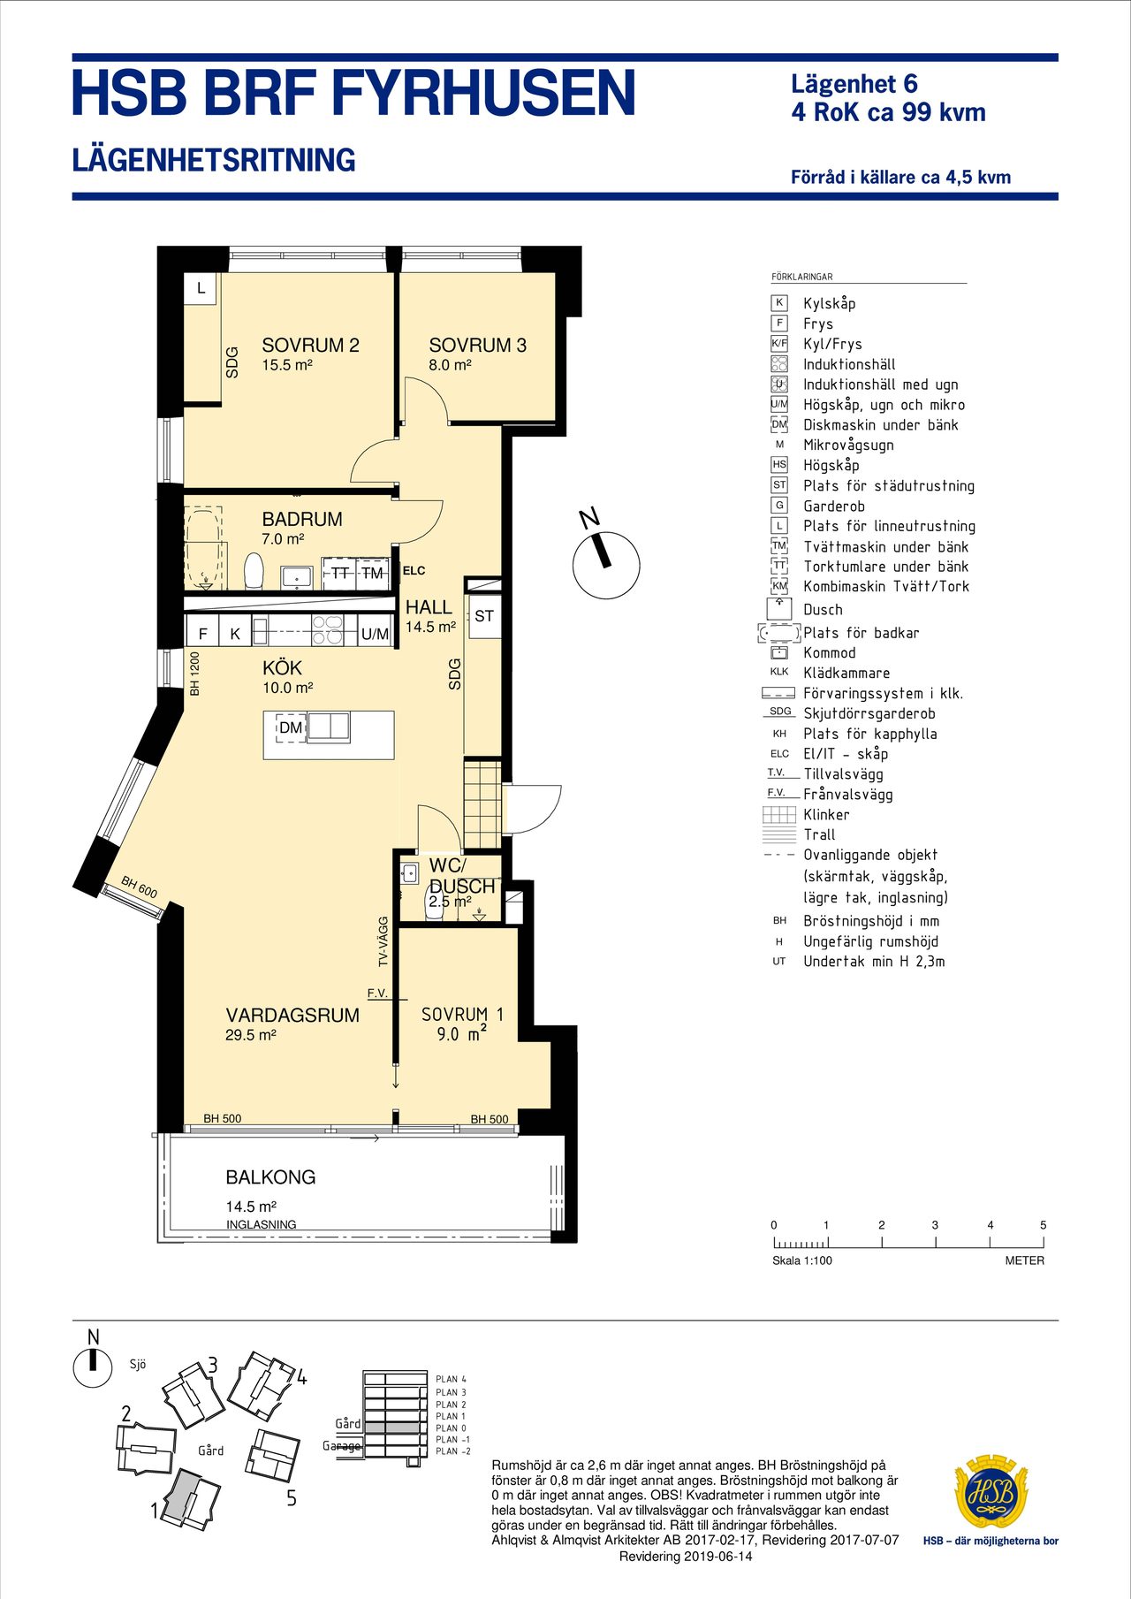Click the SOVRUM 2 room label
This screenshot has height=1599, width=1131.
[x=310, y=346]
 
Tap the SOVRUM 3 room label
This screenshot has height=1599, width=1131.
[x=477, y=346]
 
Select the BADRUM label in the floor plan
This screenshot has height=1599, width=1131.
[x=302, y=520]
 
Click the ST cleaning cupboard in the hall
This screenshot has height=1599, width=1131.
[x=484, y=616]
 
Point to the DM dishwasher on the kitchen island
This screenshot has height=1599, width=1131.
[x=291, y=727]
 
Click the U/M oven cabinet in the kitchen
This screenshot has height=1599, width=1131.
[x=376, y=634]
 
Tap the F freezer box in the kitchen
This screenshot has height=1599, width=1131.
[x=203, y=633]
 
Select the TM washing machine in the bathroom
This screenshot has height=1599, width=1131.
[x=373, y=574]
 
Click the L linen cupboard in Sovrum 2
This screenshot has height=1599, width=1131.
[x=201, y=288]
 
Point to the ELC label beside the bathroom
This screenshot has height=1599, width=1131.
[x=414, y=571]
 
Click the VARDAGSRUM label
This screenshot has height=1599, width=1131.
[x=292, y=1016]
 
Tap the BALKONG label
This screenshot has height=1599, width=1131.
[x=270, y=1177]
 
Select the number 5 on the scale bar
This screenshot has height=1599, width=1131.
[x=1044, y=1225]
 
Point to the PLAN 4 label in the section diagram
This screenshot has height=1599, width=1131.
[x=451, y=1379]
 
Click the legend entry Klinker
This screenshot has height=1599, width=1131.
[x=826, y=815]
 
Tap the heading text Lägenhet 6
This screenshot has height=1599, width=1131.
[x=854, y=85]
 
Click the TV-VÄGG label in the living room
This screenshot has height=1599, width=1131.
[x=383, y=941]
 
